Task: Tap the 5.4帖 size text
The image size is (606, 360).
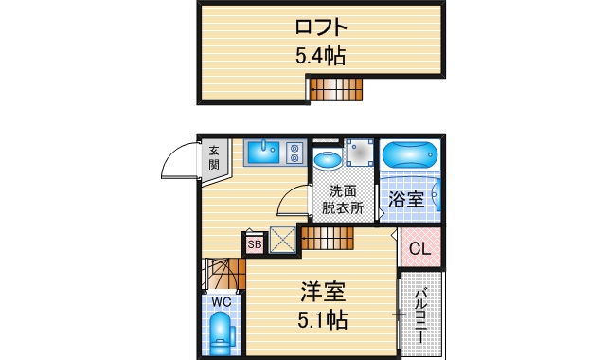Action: (319, 56)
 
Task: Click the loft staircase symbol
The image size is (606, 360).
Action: (336, 88)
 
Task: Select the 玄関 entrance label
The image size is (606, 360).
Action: (215, 157)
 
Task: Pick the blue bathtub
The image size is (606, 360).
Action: (409, 153)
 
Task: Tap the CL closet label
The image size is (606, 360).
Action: (419, 249)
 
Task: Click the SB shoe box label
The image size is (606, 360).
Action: (254, 244)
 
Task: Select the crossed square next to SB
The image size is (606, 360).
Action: (282, 241)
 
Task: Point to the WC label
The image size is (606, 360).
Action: (221, 302)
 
